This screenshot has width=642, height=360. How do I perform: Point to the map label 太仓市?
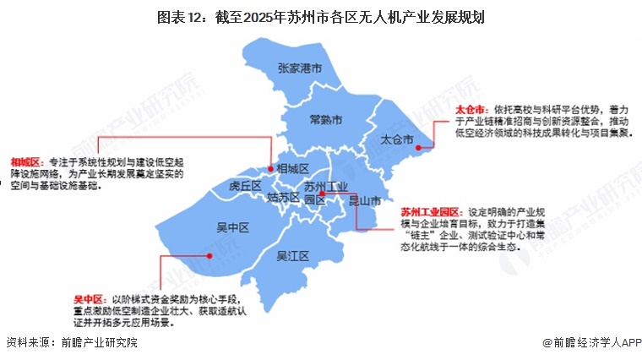pyautogui.click(x=397, y=138)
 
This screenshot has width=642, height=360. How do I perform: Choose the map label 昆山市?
pyautogui.click(x=365, y=201)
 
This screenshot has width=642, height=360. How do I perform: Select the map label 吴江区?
pyautogui.click(x=295, y=256)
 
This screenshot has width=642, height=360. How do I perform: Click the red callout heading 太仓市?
pyautogui.click(x=471, y=110)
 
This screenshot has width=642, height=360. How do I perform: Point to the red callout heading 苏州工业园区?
pyautogui.click(x=430, y=212)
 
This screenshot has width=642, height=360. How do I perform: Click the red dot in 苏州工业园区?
pyautogui.click(x=322, y=193)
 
